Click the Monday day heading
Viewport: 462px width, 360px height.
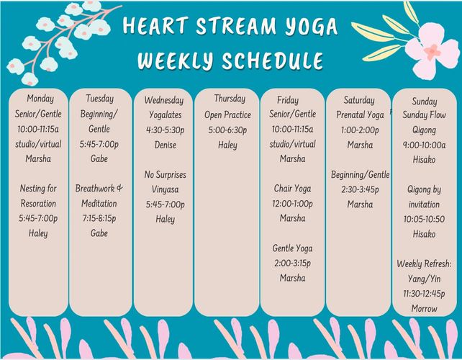pos(40,99)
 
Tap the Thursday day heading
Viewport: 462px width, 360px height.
pos(230,99)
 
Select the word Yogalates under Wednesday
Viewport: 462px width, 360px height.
pos(166,114)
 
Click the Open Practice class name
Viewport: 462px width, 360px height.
pos(227,114)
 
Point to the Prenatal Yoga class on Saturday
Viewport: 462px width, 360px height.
pos(360,114)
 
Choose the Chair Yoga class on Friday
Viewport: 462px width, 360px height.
pos(293,189)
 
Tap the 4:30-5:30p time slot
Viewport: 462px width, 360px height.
pos(166,130)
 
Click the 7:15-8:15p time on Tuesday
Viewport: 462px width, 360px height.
pos(99,218)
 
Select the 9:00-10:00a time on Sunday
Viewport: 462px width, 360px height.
pos(425,145)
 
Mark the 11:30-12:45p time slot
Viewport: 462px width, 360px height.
pos(425,294)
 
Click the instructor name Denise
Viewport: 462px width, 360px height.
pos(166,145)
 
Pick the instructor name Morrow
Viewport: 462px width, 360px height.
pos(425,309)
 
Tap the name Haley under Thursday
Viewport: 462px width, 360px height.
pos(227,145)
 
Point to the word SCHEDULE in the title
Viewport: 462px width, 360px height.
pos(273,60)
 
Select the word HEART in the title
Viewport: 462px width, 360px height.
pos(155,25)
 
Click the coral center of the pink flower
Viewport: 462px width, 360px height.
pos(432,52)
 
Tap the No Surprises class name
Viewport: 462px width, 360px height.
pos(166,175)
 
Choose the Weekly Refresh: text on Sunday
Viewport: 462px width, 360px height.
pos(425,264)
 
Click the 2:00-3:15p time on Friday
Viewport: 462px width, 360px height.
pos(293,264)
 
